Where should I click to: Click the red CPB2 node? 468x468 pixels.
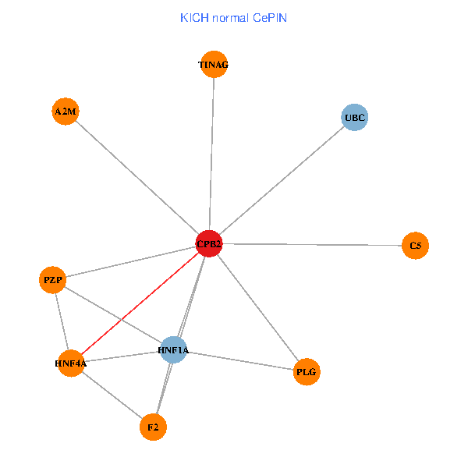pyautogui.click(x=208, y=244)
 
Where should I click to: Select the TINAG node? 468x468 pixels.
pyautogui.click(x=214, y=66)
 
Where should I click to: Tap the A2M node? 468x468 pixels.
pyautogui.click(x=65, y=112)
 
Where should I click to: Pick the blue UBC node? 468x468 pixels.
pyautogui.click(x=354, y=118)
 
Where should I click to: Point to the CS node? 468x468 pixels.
pyautogui.click(x=415, y=246)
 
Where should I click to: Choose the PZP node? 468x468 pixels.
pyautogui.click(x=52, y=279)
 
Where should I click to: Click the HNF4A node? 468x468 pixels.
pyautogui.click(x=70, y=363)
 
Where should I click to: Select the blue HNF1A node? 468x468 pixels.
pyautogui.click(x=173, y=350)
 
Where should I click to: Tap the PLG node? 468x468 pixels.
pyautogui.click(x=307, y=372)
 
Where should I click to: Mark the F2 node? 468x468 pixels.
pyautogui.click(x=153, y=427)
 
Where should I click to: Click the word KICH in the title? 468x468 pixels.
pyautogui.click(x=194, y=17)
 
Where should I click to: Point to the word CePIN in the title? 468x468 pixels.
pyautogui.click(x=269, y=17)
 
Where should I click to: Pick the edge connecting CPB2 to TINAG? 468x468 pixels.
pyautogui.click(x=211, y=156)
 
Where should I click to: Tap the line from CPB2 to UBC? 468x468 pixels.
pyautogui.click(x=281, y=181)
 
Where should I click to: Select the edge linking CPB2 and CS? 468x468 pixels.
pyautogui.click(x=312, y=245)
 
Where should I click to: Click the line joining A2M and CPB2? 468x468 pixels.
pyautogui.click(x=136, y=178)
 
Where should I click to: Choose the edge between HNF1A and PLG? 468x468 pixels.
pyautogui.click(x=240, y=361)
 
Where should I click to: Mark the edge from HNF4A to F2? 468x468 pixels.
pyautogui.click(x=112, y=395)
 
